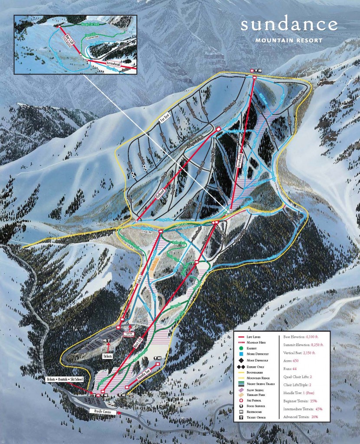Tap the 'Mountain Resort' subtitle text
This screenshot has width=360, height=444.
click(288, 41)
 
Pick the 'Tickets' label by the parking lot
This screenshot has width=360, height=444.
click(107, 356)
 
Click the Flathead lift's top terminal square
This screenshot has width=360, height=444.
click(219, 129)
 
